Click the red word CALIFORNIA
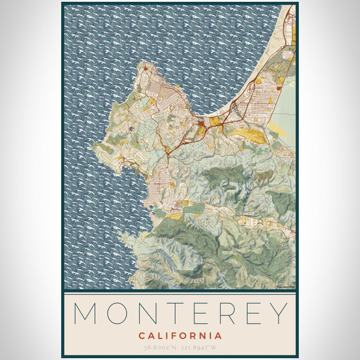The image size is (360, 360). [x=180, y=335]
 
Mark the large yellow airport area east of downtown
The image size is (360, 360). [x=246, y=133]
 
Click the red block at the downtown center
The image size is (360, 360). [x=200, y=124]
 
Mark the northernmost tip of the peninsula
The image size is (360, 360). [x=143, y=62]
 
